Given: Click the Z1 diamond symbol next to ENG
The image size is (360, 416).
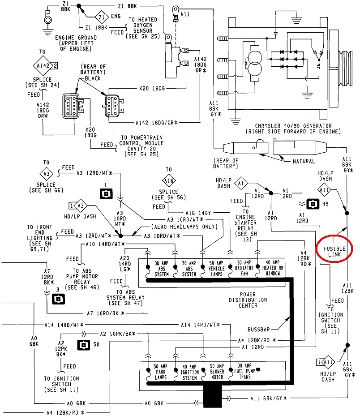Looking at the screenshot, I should (x=103, y=17).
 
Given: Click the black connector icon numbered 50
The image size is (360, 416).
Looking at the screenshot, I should (x=84, y=345).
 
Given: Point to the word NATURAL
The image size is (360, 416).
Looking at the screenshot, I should (x=303, y=161).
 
